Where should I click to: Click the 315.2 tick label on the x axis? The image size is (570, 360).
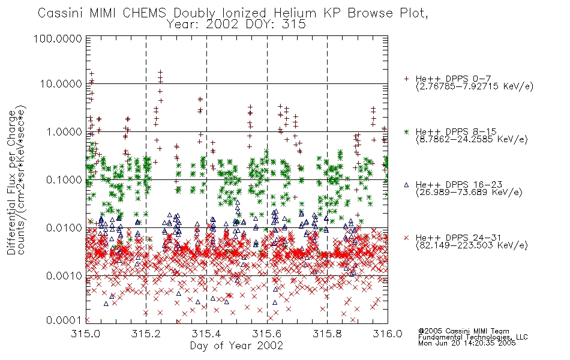point(146,334)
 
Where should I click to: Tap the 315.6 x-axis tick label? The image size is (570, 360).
point(267,334)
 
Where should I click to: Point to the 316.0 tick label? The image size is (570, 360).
point(388,334)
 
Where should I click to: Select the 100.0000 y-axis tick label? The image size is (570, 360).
point(58,38)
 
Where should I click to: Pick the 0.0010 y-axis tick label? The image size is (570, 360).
point(64,276)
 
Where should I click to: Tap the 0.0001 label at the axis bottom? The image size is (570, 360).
point(64,320)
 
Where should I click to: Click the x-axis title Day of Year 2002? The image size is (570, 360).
point(236,346)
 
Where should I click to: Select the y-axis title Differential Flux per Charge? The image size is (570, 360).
point(11,182)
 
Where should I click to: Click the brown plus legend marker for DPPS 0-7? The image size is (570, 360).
point(406,79)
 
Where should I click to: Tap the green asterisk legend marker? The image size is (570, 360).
point(406,131)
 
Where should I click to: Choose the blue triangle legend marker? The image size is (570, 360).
point(406,185)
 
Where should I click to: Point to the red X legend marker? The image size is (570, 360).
point(406,238)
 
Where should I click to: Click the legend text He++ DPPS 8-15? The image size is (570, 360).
point(456,131)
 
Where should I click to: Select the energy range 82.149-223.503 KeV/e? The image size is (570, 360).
point(472,245)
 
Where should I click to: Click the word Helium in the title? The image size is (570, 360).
point(295,13)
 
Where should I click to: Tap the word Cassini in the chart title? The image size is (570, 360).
point(61,13)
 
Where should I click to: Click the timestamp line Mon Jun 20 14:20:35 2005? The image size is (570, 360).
point(467,343)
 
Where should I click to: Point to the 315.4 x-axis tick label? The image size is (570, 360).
point(206,334)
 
